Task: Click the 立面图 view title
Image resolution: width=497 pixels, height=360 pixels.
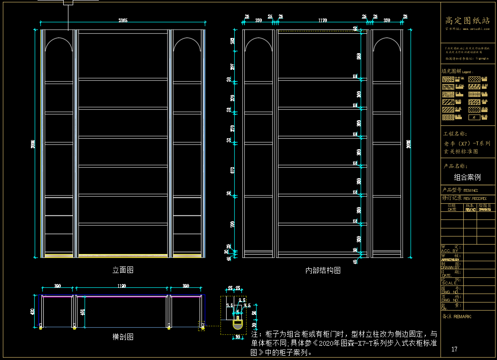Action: tap(123, 270)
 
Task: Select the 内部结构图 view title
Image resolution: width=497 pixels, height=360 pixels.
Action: tap(323, 270)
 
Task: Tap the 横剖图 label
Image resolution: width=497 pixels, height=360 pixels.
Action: tap(123, 337)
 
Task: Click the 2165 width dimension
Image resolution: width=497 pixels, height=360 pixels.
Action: tap(123, 20)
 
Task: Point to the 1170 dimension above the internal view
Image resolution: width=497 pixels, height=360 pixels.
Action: tap(323, 20)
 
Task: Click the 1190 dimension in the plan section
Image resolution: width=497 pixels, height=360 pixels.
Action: tap(122, 286)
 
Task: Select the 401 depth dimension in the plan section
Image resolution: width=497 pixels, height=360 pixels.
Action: tap(83, 312)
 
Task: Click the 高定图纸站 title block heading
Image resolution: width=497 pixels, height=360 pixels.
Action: tap(467, 20)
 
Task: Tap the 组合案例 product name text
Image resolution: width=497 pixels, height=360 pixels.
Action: tap(467, 177)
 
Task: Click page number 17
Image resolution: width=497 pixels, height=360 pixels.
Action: tap(454, 349)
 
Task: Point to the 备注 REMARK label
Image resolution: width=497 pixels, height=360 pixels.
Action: tap(457, 316)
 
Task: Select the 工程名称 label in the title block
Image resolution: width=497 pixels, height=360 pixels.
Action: tap(455, 134)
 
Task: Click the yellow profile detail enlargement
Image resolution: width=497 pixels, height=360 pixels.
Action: tap(237, 325)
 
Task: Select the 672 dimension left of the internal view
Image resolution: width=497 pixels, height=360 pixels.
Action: tap(232, 170)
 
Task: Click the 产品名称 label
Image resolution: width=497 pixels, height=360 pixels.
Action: tap(455, 166)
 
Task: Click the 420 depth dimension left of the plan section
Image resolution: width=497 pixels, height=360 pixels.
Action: tap(33, 312)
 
